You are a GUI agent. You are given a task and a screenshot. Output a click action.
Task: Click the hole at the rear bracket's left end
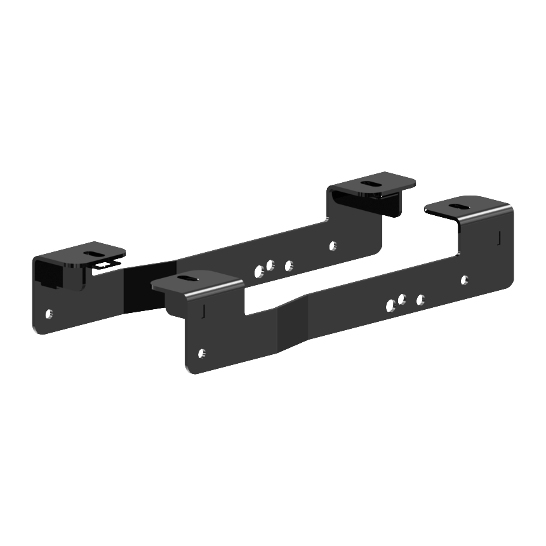click(x=50, y=313)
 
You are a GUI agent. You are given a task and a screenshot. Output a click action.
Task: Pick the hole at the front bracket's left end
click(x=202, y=352)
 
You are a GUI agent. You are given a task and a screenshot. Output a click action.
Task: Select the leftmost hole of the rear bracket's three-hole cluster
click(x=258, y=271)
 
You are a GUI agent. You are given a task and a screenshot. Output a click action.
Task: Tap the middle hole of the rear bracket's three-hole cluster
click(x=270, y=264)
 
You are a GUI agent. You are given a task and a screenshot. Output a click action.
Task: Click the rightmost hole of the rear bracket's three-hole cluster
click(x=289, y=265)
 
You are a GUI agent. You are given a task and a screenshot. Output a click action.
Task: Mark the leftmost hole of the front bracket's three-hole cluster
click(x=390, y=306)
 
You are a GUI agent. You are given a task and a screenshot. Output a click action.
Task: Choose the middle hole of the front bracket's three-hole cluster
click(x=402, y=299)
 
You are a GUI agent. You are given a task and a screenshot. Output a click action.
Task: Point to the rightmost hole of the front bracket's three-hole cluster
click(x=420, y=299)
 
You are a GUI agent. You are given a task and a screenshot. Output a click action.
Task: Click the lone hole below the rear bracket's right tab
click(x=333, y=244)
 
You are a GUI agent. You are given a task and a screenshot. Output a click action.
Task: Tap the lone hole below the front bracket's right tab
click(x=464, y=279)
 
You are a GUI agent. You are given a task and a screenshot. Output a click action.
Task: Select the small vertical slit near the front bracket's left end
click(x=203, y=310)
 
